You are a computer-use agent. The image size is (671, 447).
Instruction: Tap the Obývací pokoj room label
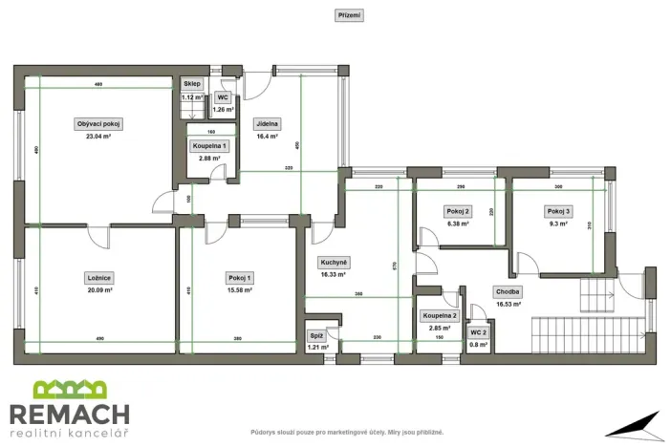pos(99,124)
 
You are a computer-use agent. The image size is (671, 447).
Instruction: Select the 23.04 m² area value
pos(99,137)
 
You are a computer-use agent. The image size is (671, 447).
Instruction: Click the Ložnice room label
pos(99,278)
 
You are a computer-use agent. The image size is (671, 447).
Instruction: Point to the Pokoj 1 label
pos(240,278)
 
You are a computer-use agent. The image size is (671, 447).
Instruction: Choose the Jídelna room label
pos(267,124)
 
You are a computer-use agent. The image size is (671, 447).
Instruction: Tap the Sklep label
pos(192,84)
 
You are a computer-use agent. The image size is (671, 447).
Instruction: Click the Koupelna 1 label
pos(208,145)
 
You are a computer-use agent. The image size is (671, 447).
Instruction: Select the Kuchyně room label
pos(334,262)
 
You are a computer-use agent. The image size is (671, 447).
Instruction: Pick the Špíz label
pos(315,336)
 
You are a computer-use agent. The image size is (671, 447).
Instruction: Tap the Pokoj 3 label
pos(558,211)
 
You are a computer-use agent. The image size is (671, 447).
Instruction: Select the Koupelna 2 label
pos(440,315)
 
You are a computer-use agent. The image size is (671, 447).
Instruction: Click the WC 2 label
pos(477,332)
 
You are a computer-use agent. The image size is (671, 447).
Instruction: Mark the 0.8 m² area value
pos(477,344)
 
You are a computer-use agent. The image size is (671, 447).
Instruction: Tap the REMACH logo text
pos(69,414)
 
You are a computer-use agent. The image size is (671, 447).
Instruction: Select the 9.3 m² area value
pos(558,223)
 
